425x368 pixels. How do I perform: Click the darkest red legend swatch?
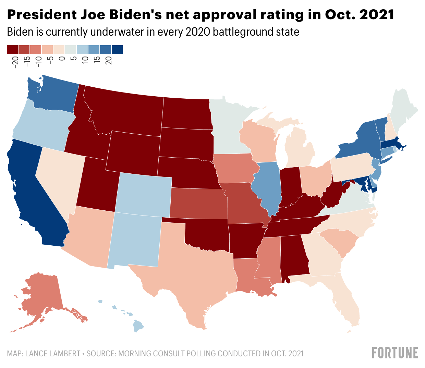[x=13, y=50]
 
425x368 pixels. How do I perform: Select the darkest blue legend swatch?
[x=117, y=50]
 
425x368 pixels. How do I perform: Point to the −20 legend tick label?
[x=15, y=62]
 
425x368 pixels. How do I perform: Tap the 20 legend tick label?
[x=109, y=61]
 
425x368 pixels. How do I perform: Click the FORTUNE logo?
[x=395, y=353]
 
